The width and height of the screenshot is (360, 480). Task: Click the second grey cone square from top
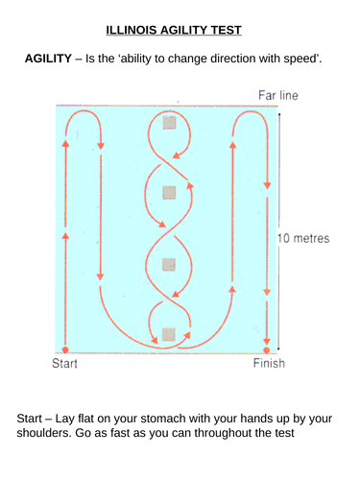point(169,192)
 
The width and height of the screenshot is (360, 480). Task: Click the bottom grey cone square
point(169,334)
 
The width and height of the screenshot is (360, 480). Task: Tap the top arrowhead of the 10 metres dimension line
point(278,111)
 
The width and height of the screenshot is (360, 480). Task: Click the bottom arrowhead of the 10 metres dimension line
point(278,348)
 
